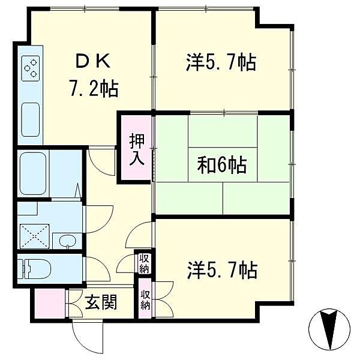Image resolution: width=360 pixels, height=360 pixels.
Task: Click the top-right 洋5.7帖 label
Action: [x=220, y=62]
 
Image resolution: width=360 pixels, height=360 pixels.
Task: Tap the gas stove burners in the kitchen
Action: [x=31, y=68]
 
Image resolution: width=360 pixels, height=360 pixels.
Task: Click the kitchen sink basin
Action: [x=30, y=119]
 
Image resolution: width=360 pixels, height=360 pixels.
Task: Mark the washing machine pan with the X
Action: [x=34, y=235]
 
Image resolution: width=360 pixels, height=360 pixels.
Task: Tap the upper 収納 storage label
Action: [x=144, y=262]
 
